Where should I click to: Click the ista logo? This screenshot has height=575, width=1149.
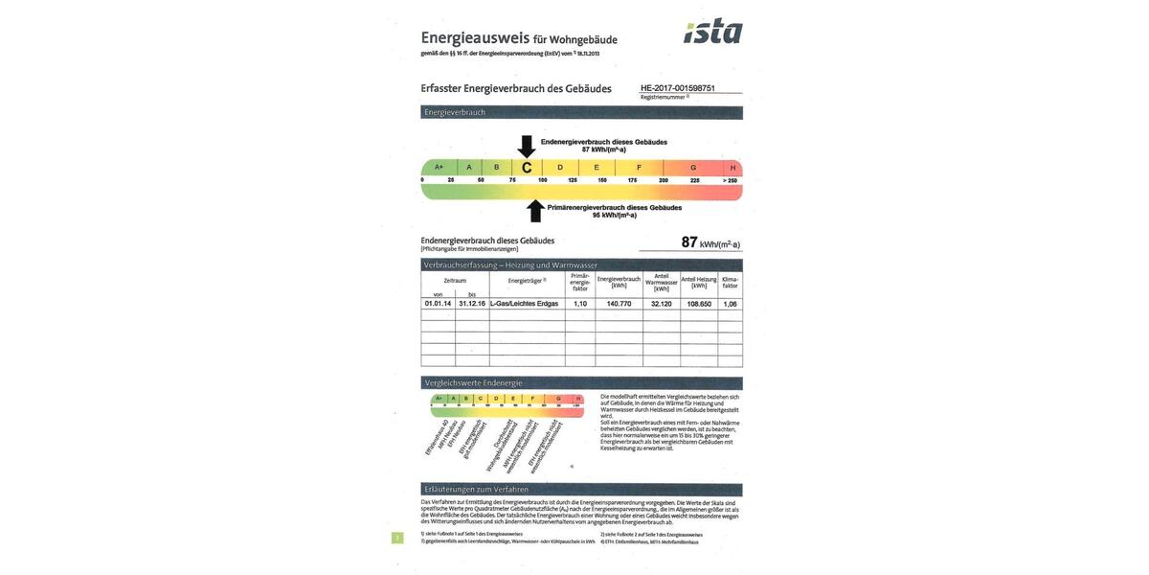(x=713, y=32)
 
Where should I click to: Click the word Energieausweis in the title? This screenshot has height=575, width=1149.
(x=475, y=38)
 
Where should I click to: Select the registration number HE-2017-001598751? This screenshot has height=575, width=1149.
(x=678, y=88)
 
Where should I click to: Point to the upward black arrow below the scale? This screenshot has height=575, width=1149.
(x=535, y=210)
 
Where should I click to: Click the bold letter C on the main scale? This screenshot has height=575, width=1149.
(x=527, y=168)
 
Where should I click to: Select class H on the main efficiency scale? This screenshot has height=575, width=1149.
(x=732, y=168)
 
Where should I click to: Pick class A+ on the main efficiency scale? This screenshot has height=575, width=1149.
(x=439, y=168)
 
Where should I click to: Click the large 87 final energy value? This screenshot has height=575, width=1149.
(x=689, y=242)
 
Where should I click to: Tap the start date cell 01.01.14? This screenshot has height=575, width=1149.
(x=438, y=304)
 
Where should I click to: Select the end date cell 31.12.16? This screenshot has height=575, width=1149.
(x=472, y=304)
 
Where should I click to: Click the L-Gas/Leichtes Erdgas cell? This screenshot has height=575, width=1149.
(x=524, y=304)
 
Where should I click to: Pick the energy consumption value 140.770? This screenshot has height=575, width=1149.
(x=619, y=304)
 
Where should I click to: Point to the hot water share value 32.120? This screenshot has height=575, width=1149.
(x=661, y=304)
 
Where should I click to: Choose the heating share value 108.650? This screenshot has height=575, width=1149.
(x=699, y=304)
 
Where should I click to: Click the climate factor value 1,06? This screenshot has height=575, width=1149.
(x=731, y=304)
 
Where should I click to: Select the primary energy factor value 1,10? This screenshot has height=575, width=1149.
(x=580, y=304)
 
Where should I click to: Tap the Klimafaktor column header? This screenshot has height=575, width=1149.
(x=731, y=282)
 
